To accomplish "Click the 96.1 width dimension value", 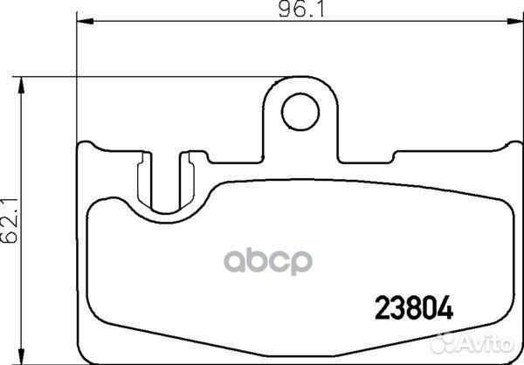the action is click(x=301, y=10).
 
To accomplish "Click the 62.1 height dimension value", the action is click(x=10, y=220).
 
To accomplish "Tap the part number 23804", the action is click(x=414, y=308).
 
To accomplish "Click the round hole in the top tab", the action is click(x=300, y=112).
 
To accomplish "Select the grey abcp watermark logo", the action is click(x=268, y=262).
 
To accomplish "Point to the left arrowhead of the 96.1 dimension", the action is click(x=85, y=21).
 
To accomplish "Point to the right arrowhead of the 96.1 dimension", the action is click(x=515, y=21).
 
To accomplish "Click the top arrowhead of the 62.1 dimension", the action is click(x=21, y=85).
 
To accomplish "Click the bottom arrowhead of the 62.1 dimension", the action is click(x=21, y=356).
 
